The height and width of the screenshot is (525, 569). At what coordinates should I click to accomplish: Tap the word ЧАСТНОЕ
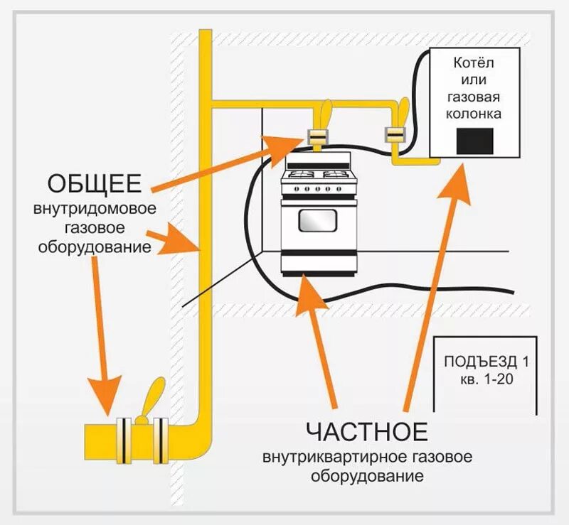pyautogui.click(x=367, y=431)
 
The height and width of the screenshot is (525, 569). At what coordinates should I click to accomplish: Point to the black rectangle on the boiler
pyautogui.click(x=475, y=140)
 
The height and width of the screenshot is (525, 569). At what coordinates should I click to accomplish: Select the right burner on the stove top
pyautogui.click(x=336, y=175)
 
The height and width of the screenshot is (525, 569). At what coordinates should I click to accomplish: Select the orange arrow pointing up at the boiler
pyautogui.click(x=434, y=284)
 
